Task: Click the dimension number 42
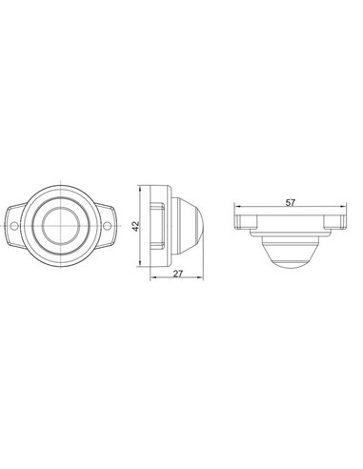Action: [137, 227]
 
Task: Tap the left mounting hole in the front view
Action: [19, 227]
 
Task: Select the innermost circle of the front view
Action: [63, 227]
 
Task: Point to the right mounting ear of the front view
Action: [110, 227]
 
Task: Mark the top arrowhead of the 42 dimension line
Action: [144, 185]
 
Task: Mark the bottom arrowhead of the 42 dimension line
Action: [144, 270]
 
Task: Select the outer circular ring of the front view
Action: [63, 192]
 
